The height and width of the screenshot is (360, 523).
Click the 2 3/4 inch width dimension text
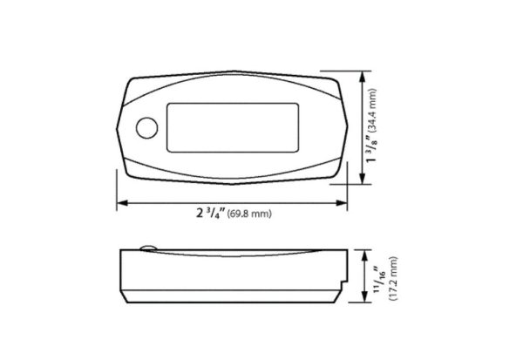pos(211,213)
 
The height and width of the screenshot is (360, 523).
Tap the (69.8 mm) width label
pos(249,214)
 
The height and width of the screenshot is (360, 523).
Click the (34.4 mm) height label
pos(371,110)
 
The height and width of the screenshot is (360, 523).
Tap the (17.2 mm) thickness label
pos(393,278)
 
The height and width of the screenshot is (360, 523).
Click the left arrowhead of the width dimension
pos(123,203)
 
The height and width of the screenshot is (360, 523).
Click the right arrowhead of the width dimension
pos(342,203)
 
